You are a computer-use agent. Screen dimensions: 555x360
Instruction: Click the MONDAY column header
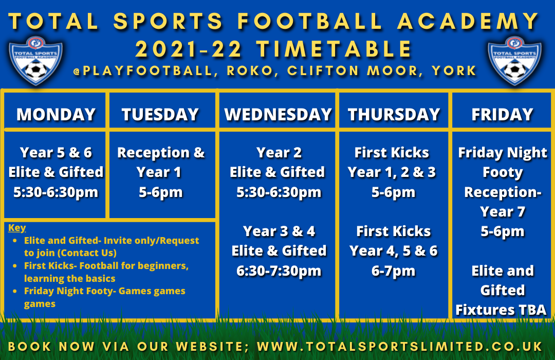click(x=56, y=115)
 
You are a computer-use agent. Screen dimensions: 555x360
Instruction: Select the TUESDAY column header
click(x=160, y=115)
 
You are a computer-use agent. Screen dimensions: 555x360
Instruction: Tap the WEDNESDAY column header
click(x=278, y=115)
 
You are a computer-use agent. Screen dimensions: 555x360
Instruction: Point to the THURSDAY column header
click(x=394, y=115)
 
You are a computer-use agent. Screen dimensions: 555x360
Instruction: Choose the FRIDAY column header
click(x=502, y=115)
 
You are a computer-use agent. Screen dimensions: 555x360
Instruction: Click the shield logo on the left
click(x=36, y=60)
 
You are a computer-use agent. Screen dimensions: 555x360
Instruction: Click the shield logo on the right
click(x=514, y=60)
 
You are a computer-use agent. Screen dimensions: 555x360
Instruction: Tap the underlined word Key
click(x=17, y=227)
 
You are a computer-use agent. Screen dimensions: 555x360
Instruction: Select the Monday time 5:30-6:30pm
click(x=55, y=192)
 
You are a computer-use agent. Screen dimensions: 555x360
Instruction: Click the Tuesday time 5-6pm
click(x=161, y=192)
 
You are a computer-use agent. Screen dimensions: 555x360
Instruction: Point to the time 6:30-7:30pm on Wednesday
click(x=279, y=271)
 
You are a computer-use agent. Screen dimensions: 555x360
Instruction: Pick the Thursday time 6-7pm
click(x=393, y=271)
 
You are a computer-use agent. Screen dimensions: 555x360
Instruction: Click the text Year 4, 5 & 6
click(x=394, y=251)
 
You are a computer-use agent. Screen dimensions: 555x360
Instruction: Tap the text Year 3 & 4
click(x=279, y=231)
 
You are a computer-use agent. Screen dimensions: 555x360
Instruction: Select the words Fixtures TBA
click(x=501, y=310)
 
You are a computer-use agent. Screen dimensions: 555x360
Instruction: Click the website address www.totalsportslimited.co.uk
click(x=400, y=347)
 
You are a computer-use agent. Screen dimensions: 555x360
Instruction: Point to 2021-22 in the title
click(x=189, y=49)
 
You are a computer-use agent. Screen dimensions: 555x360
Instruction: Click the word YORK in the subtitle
click(x=454, y=71)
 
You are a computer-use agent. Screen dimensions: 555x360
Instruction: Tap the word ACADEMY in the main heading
click(x=468, y=21)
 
